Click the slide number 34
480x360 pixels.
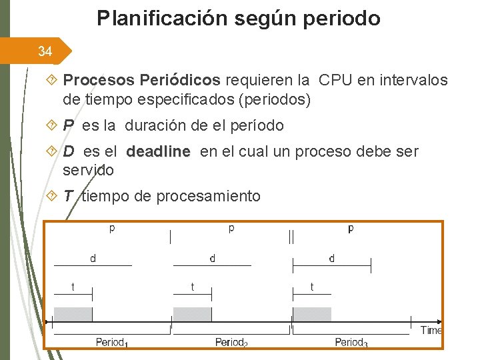click(x=45, y=51)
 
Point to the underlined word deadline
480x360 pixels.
click(x=158, y=152)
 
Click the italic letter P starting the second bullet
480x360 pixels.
click(x=69, y=125)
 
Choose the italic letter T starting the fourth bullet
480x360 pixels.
click(x=68, y=196)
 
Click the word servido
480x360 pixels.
click(x=88, y=170)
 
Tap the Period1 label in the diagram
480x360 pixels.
click(x=112, y=343)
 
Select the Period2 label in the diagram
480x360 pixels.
click(x=231, y=343)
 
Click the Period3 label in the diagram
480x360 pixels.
click(x=351, y=343)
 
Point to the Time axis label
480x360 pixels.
click(x=431, y=330)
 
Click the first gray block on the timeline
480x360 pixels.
click(x=73, y=315)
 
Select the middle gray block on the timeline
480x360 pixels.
click(x=192, y=315)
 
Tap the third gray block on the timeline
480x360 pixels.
click(x=312, y=315)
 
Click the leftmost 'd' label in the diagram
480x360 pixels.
click(x=93, y=259)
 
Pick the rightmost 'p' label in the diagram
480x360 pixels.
click(x=351, y=229)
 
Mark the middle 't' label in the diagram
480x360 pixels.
click(x=193, y=287)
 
